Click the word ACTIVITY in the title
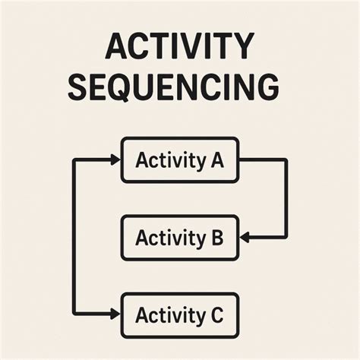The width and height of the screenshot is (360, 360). pos(179,47)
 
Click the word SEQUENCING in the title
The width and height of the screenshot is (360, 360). pos(173,87)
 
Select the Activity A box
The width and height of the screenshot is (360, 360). pos(180,160)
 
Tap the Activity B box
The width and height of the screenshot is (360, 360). pos(180,238)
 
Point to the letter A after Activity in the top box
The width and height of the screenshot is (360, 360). pos(215,160)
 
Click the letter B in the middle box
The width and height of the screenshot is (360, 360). pos(216,238)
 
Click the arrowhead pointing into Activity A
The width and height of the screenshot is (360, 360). pos(115,159)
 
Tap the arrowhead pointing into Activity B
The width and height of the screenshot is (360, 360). pos(245,238)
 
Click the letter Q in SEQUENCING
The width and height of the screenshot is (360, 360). pos(133,88)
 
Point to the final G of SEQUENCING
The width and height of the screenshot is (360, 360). pos(264,87)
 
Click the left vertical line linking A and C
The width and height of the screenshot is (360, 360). pos(73,236)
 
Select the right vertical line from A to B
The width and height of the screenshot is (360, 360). pos(286,199)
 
